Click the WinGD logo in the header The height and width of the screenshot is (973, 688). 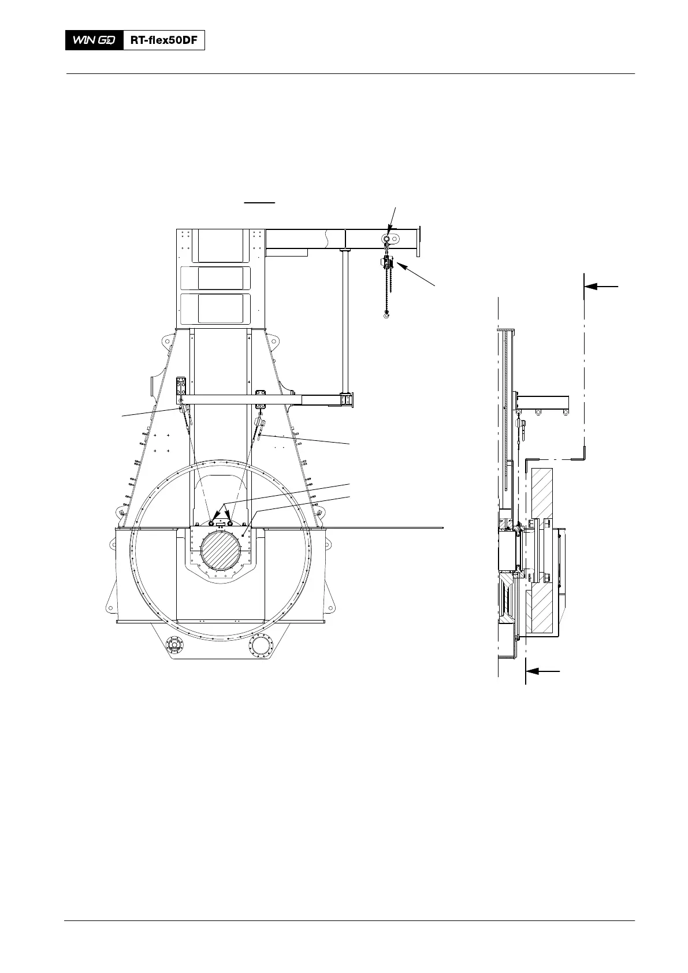click(x=94, y=40)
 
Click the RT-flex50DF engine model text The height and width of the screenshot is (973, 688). click(x=163, y=40)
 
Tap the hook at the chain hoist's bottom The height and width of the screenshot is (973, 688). click(x=386, y=315)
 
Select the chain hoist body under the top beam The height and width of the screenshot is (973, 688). click(x=387, y=262)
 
